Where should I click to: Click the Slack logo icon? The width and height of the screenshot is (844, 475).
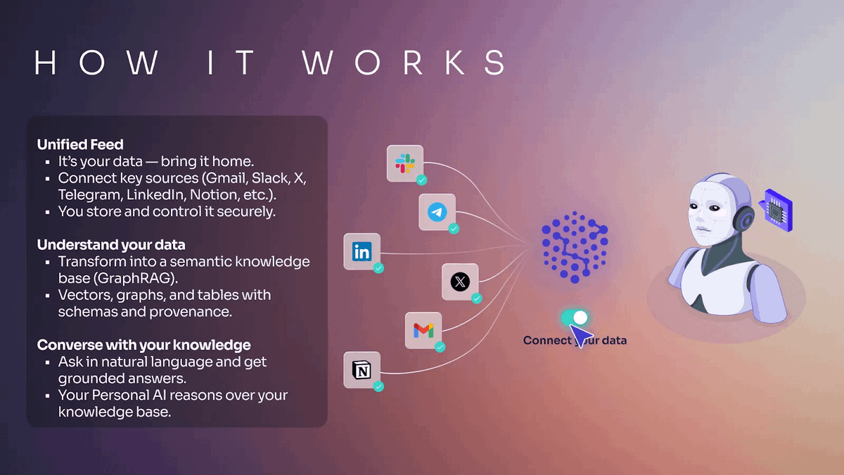(x=404, y=163)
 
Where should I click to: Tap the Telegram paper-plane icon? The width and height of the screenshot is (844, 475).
(x=437, y=212)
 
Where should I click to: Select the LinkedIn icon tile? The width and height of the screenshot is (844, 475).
(x=362, y=251)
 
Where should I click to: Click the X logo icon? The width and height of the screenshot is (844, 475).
(x=460, y=282)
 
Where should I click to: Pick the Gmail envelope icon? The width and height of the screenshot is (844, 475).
(x=423, y=330)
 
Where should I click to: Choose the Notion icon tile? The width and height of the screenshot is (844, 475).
(x=362, y=370)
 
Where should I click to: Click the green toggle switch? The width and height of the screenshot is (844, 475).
(x=574, y=318)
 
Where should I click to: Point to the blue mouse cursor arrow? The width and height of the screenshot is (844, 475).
(x=584, y=336)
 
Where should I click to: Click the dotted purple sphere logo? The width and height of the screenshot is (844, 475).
(x=574, y=247)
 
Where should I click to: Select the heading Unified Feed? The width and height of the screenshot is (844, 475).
(x=80, y=144)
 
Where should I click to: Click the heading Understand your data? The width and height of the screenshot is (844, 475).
(x=111, y=245)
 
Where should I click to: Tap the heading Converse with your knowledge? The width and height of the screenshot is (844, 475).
(x=143, y=345)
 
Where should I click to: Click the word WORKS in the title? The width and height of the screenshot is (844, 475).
(x=404, y=63)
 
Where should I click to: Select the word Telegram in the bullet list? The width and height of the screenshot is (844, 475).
(x=87, y=194)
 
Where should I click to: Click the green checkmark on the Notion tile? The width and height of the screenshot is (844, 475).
(x=378, y=386)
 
